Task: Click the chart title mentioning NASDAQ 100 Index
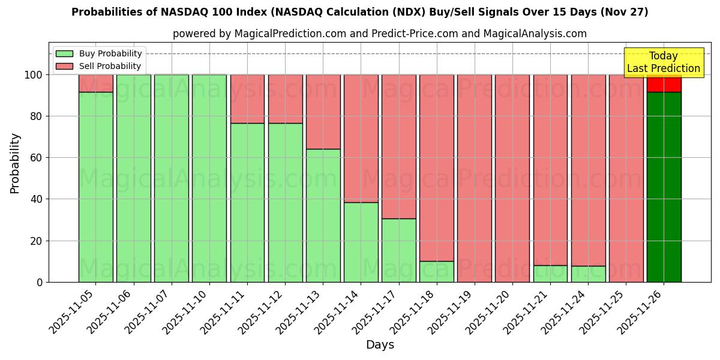point(359,12)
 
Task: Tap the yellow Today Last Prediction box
point(663,62)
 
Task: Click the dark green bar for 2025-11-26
point(664,187)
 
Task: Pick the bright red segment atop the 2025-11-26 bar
point(664,84)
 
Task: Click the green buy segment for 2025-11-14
point(361,242)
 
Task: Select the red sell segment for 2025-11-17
point(398,146)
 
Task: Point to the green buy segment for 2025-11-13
point(323,215)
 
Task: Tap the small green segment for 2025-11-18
point(436,271)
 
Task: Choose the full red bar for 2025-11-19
point(474,178)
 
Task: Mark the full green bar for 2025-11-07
point(171,178)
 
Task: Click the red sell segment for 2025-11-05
point(95,83)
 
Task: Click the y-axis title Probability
point(15,163)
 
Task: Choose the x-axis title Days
point(380,344)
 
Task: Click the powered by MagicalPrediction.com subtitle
point(379,34)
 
